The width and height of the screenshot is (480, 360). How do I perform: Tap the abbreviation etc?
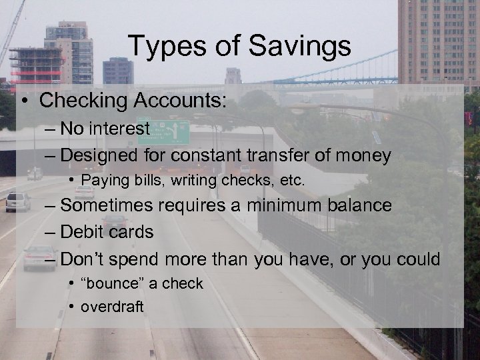pyautogui.click(x=291, y=180)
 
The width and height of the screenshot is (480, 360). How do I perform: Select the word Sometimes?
pyautogui.click(x=111, y=205)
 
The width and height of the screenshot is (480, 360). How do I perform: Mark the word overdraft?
pyautogui.click(x=111, y=307)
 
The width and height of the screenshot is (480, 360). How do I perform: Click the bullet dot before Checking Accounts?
pyautogui.click(x=24, y=101)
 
